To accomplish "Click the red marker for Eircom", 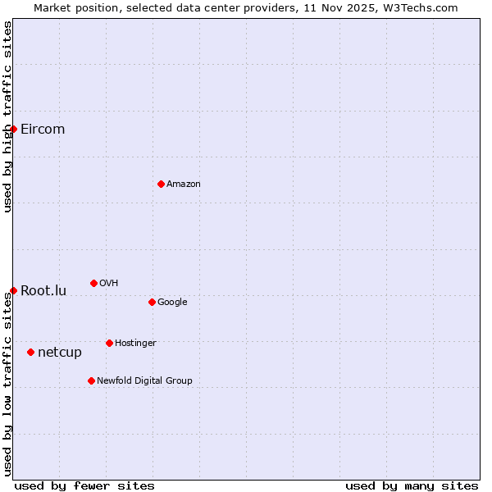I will coord(13,129).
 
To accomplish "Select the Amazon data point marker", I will coord(161,184).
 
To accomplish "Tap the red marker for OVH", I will coord(93,283).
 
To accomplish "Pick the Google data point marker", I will coord(152,302).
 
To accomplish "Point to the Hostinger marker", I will coord(109,343).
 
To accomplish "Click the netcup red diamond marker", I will coord(30,352).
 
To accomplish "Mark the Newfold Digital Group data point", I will coord(91,380).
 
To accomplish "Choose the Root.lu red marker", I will coord(13,290).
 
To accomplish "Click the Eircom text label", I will coord(43,129).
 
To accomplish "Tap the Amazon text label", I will coord(184,184).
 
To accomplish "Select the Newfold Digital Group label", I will coord(144,380).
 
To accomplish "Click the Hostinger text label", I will coord(135,343).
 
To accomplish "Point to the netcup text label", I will coord(60,353).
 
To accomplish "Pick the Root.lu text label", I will coord(43,290).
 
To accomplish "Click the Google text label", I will coord(172,302).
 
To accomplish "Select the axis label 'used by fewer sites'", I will coord(84,485).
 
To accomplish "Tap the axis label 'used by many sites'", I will coord(412,485).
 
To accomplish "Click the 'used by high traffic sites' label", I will coord(7,116).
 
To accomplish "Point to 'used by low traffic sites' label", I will coord(7,384).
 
